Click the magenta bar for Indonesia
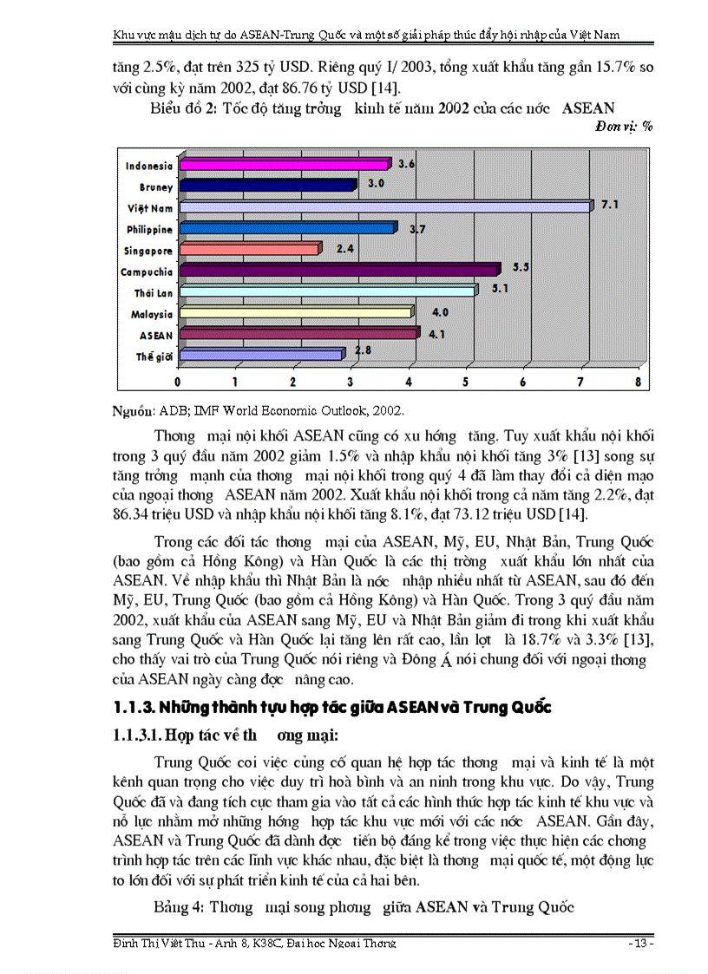[282, 165]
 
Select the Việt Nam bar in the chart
[382, 207]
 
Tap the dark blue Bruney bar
[265, 186]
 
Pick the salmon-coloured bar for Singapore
[247, 250]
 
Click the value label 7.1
[609, 204]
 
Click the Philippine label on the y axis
[149, 229]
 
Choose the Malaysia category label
[152, 314]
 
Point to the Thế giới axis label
[154, 356]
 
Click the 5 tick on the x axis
[466, 382]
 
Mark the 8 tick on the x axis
[639, 382]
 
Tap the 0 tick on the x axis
[179, 382]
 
